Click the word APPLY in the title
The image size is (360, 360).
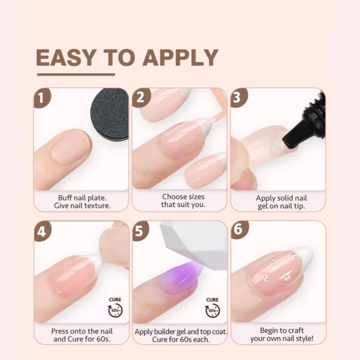(x=180, y=58)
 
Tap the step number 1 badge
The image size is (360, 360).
(x=41, y=98)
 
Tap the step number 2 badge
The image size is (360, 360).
(x=141, y=98)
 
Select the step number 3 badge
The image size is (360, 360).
(x=239, y=98)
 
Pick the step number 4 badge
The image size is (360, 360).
(x=43, y=231)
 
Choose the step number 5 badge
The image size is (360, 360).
(x=141, y=231)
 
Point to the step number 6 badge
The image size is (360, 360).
(x=239, y=231)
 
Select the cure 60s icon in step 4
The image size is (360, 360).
(x=115, y=307)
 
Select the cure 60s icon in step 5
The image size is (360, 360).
(x=212, y=307)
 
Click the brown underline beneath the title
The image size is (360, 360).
(x=76, y=74)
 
